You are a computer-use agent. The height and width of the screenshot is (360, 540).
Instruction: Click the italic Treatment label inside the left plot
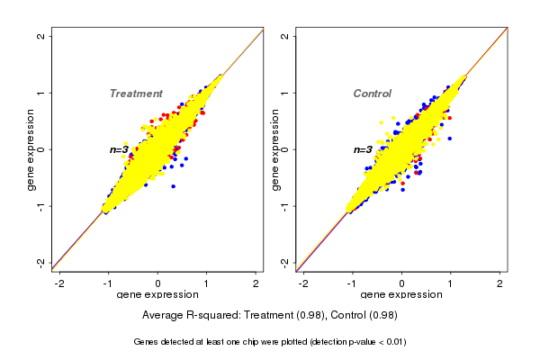[136, 94]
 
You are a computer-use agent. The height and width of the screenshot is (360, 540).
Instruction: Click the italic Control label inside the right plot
[372, 94]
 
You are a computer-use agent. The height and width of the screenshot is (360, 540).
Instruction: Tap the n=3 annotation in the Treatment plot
[119, 149]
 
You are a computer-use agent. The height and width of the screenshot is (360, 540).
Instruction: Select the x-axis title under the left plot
[157, 295]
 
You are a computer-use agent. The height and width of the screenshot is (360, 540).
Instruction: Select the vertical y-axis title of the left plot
[31, 149]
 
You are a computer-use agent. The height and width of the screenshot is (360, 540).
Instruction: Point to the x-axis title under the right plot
[401, 295]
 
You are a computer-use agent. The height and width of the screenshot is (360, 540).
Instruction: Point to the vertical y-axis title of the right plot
[276, 149]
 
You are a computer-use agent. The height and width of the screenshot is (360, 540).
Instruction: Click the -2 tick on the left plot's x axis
[59, 283]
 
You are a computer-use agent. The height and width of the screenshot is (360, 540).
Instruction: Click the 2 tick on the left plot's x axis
[256, 283]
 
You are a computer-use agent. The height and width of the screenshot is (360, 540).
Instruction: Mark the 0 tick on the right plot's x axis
[402, 283]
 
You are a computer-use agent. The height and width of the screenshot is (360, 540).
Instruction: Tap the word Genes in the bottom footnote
[148, 342]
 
